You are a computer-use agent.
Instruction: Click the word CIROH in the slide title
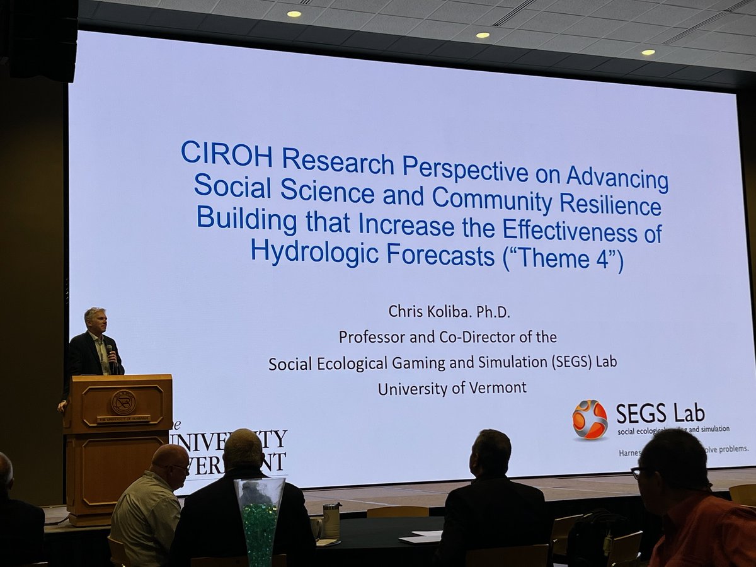(226, 154)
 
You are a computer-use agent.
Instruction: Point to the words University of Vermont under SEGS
(452, 387)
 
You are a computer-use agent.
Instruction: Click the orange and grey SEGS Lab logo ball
(590, 419)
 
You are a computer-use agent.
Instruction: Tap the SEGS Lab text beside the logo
(660, 413)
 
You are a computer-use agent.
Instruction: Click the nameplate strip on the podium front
(123, 418)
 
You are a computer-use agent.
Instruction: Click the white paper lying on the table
(421, 537)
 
